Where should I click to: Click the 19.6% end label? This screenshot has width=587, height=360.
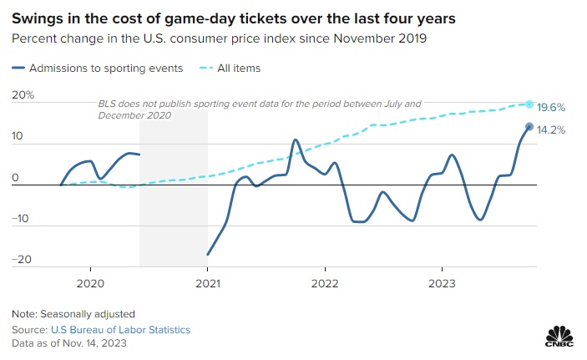(552, 108)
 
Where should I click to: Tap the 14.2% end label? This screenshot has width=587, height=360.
(552, 130)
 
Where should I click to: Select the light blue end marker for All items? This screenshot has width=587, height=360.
(529, 104)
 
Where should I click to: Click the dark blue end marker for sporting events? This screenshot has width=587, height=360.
(529, 127)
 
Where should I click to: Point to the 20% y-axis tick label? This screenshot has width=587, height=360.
(23, 95)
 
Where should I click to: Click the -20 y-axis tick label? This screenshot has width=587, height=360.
(22, 259)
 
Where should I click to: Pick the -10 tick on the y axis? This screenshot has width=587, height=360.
(22, 219)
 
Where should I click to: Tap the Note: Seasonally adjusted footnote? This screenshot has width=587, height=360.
(73, 314)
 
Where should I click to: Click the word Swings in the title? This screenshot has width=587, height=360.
(38, 17)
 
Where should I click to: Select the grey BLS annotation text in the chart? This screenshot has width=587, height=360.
(259, 109)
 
